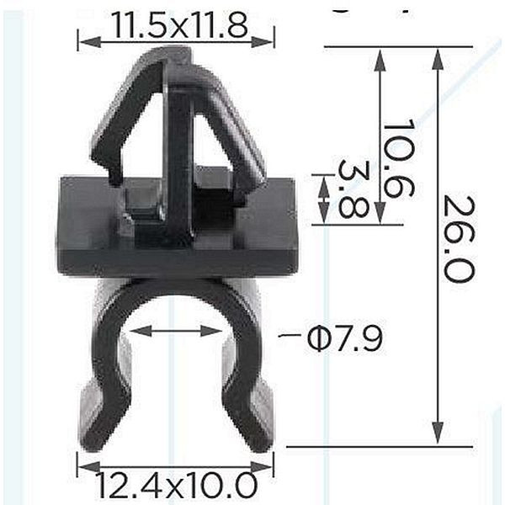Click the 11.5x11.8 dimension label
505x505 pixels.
[180, 25]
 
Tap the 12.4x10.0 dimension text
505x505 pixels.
[177, 486]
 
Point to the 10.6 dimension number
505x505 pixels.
[398, 158]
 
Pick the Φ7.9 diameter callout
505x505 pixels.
[345, 338]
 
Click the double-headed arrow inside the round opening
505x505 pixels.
[176, 331]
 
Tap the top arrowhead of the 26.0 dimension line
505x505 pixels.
[437, 59]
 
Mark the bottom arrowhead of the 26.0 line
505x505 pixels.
[437, 433]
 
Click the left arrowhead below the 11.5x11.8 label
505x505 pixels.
[90, 41]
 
